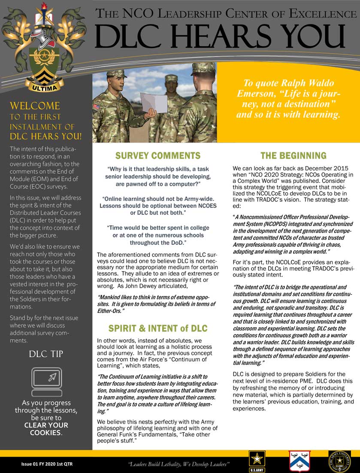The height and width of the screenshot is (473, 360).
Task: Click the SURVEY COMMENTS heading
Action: pos(157,155)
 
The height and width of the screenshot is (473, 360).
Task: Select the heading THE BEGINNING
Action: pos(293,155)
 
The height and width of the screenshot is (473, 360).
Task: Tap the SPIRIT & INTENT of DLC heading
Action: pos(158,329)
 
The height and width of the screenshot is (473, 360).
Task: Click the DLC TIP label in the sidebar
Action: pos(46,354)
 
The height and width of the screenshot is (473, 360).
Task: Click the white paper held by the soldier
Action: pos(154,103)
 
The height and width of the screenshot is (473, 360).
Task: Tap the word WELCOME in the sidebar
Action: pos(35,106)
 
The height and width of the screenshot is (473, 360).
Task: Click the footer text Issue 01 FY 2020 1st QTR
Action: pos(48,464)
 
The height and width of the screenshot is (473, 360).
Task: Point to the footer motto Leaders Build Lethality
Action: pos(179,464)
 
